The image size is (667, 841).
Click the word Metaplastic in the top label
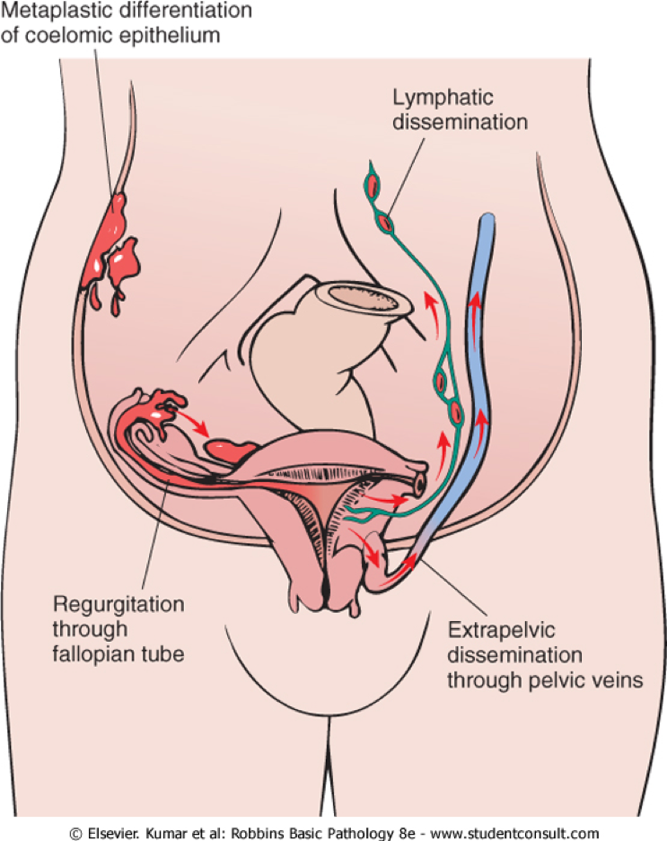point(44,12)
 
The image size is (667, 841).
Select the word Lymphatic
point(427,95)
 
